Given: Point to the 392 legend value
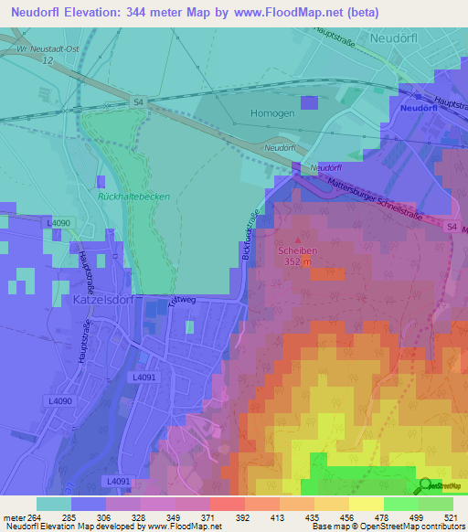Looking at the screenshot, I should (244, 518).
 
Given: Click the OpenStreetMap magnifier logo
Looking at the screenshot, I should (426, 486).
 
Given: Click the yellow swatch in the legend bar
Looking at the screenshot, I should (366, 504).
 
